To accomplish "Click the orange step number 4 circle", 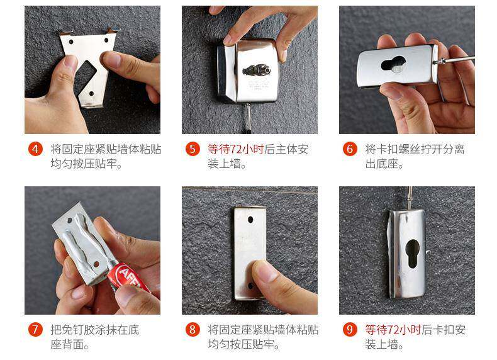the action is click(35, 149).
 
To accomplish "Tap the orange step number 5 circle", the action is click(193, 149).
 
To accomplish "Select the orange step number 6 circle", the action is click(350, 149).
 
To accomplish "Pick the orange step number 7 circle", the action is click(35, 329).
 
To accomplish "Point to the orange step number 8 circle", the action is click(193, 329).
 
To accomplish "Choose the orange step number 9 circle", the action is click(350, 329).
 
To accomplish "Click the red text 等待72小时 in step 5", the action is click(235, 149).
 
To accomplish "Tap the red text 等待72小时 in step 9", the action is click(393, 330).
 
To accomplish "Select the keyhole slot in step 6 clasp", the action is click(393, 64).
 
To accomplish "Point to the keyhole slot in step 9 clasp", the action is click(412, 254).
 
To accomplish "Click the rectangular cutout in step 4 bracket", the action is click(84, 77).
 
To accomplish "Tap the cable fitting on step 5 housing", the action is click(257, 69).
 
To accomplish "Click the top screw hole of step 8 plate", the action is click(250, 219).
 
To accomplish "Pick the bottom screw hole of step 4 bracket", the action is click(91, 94).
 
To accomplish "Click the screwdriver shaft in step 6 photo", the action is click(457, 59).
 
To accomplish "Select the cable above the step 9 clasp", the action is click(410, 198).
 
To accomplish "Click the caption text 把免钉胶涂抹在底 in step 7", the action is click(95, 330).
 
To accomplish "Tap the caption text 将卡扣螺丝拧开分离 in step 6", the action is click(415, 149).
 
